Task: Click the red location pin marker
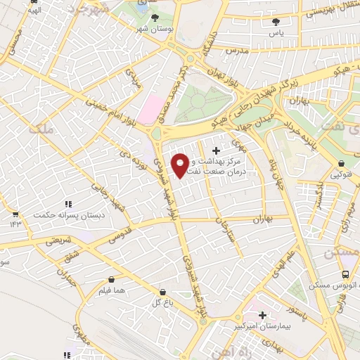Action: coord(181,165)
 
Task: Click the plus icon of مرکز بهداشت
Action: coord(216,150)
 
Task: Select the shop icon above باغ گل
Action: coord(163,292)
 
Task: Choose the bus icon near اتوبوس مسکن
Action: coord(345,275)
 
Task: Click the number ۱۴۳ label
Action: coord(15,223)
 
